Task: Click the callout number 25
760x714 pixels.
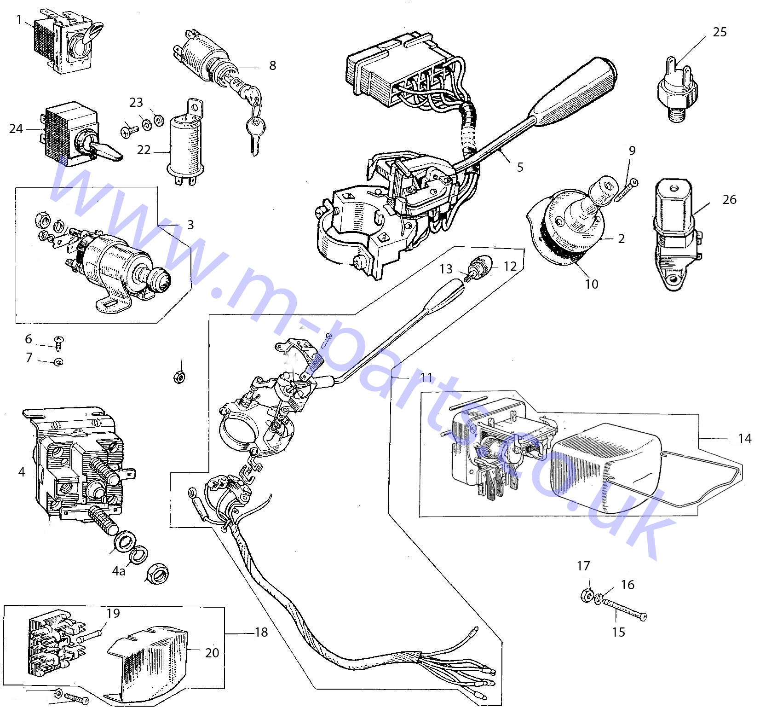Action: click(x=720, y=32)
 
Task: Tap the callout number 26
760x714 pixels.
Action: click(x=729, y=199)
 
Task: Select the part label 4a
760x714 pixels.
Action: click(x=119, y=571)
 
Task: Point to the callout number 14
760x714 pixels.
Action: click(x=744, y=438)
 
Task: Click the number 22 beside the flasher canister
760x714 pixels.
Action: click(x=144, y=150)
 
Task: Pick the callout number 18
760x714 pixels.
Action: click(x=261, y=632)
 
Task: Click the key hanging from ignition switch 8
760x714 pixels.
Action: click(x=254, y=129)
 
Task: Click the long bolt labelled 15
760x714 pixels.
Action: click(x=623, y=610)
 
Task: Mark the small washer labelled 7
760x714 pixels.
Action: click(x=58, y=362)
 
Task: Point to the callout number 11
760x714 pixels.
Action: click(x=426, y=377)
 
